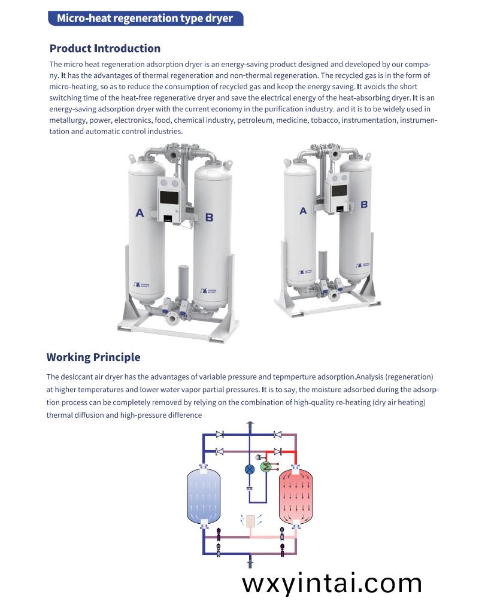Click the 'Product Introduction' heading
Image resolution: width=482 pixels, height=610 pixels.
pyautogui.click(x=105, y=48)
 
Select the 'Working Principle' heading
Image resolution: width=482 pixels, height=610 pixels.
pyautogui.click(x=93, y=357)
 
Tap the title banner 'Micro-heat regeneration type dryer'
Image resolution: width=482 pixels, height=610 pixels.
pyautogui.click(x=144, y=18)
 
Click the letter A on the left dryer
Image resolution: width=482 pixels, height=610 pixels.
pyautogui.click(x=140, y=213)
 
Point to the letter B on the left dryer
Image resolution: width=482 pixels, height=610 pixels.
pyautogui.click(x=209, y=217)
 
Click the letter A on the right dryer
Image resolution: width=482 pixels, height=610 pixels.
pyautogui.click(x=303, y=211)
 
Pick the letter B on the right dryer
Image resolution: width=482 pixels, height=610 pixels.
pyautogui.click(x=364, y=204)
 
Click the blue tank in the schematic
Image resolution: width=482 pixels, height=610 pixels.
pyautogui.click(x=204, y=495)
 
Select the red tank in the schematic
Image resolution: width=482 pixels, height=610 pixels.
pyautogui.click(x=296, y=494)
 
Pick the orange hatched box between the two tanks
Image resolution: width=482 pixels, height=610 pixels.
pyautogui.click(x=250, y=520)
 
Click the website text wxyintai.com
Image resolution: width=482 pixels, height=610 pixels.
pyautogui.click(x=332, y=582)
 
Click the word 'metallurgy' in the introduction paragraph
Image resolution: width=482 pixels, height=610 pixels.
pyautogui.click(x=68, y=120)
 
